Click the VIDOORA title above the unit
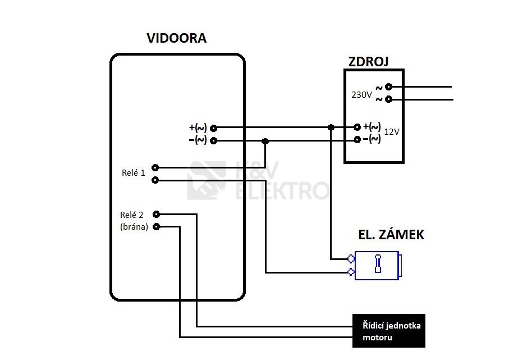point(176,39)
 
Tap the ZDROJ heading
point(369,61)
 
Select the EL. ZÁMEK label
point(391,235)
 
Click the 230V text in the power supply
point(361,95)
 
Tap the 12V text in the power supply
point(391,131)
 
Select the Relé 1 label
point(133,173)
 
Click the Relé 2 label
point(132,215)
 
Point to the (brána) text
point(134,227)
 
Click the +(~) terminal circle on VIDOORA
point(213,128)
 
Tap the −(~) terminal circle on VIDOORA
point(213,140)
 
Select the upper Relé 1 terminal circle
point(155,167)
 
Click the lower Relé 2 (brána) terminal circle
point(157,227)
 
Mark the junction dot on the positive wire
point(331,128)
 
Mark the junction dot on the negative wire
point(265,141)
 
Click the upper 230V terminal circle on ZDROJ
point(388,87)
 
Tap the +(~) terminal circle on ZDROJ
point(357,127)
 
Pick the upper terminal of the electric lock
point(351,259)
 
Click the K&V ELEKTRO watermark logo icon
point(207,180)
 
